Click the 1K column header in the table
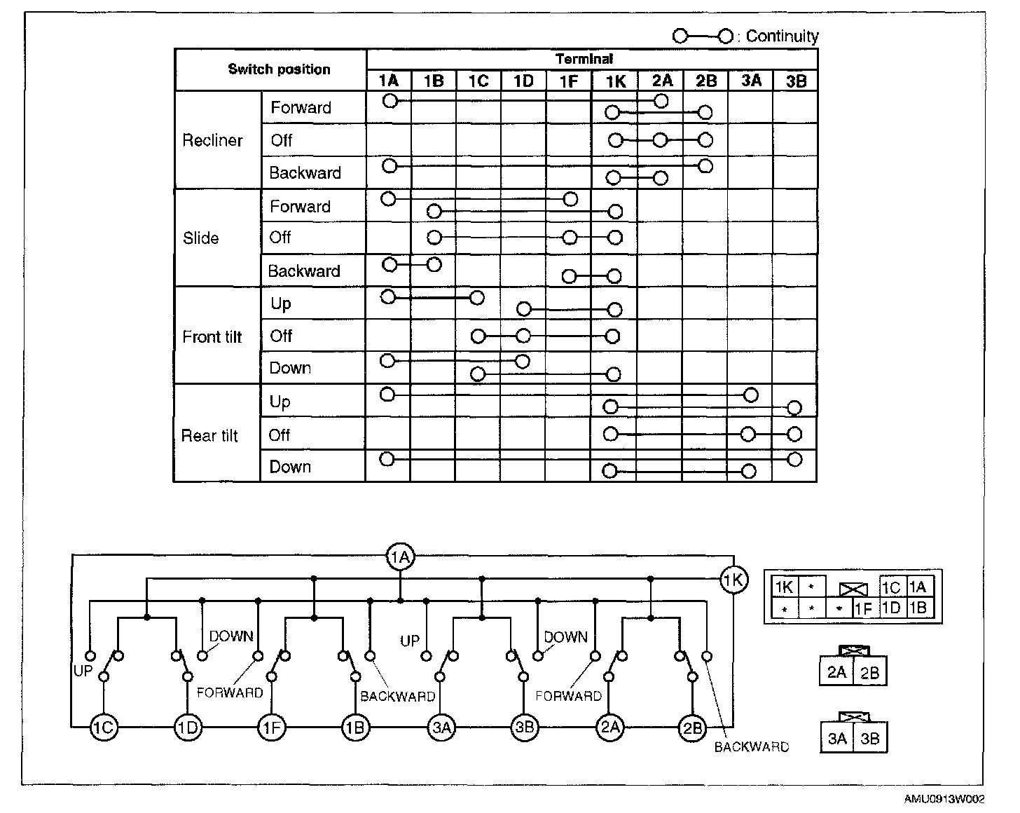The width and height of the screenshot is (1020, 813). [x=615, y=81]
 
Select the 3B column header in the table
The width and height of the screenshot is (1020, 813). [x=796, y=81]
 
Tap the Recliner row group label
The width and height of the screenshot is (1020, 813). [x=212, y=140]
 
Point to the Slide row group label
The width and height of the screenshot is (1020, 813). [x=201, y=238]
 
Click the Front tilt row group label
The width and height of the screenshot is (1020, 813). [x=212, y=337]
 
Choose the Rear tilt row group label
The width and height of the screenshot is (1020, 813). [x=209, y=436]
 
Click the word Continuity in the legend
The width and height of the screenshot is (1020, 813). [x=782, y=36]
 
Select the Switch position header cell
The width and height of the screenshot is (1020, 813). [x=279, y=69]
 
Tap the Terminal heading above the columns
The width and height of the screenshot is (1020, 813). [x=584, y=60]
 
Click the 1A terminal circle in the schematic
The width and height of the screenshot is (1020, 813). [x=400, y=558]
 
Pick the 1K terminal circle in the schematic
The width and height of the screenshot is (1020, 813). [x=734, y=580]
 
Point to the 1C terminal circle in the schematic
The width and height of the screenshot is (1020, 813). [x=104, y=727]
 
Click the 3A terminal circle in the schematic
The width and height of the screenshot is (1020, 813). [x=441, y=727]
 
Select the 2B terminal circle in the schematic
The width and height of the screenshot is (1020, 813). [x=692, y=727]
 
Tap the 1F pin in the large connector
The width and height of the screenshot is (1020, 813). [x=864, y=609]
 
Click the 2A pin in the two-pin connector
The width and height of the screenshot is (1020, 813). [x=836, y=673]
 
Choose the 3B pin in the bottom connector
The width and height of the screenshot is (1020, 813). [x=869, y=739]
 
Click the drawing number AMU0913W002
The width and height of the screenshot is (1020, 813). [x=944, y=799]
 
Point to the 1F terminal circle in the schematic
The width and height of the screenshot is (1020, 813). [x=272, y=727]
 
